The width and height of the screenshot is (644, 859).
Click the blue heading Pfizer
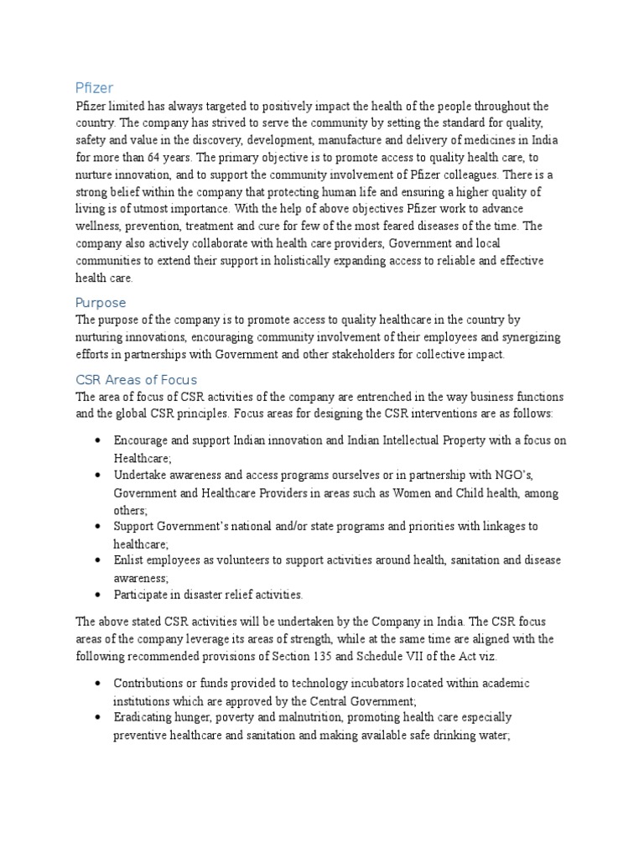pyautogui.click(x=94, y=87)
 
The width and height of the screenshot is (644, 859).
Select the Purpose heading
pyautogui.click(x=101, y=302)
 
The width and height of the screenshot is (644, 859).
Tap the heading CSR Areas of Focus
pyautogui.click(x=136, y=379)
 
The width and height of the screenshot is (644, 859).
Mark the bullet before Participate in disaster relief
pyautogui.click(x=100, y=595)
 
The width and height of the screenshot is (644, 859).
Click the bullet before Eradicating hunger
pyautogui.click(x=100, y=718)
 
